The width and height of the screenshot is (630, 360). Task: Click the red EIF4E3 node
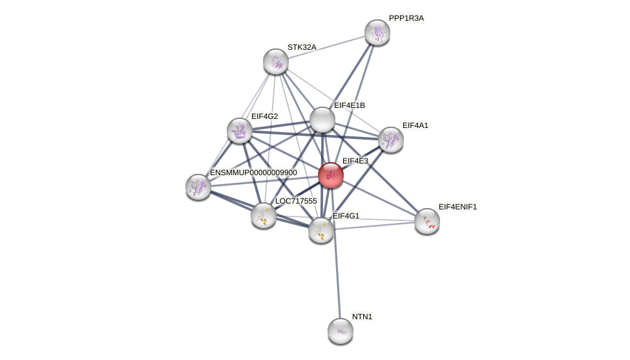[330, 175]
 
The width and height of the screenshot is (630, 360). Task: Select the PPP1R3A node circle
[377, 32]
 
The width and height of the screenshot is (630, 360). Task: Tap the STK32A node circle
[276, 61]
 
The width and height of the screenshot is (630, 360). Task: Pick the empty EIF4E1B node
[322, 120]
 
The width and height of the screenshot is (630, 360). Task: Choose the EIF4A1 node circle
[390, 140]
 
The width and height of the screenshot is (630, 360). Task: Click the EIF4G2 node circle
[240, 131]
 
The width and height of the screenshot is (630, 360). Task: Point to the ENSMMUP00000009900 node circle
[198, 187]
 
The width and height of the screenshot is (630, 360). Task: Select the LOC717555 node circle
[263, 215]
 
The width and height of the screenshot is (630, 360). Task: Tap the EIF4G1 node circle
[321, 230]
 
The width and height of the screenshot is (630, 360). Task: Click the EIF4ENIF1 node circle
[426, 221]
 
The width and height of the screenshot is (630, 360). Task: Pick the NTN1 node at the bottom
[341, 331]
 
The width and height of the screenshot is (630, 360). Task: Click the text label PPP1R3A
[406, 18]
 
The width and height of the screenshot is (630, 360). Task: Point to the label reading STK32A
[302, 47]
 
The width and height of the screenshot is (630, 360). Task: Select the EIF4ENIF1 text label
[457, 207]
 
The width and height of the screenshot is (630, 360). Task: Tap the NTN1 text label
[362, 317]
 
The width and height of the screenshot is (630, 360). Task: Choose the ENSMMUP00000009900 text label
[253, 173]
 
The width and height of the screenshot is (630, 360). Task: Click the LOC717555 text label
[296, 201]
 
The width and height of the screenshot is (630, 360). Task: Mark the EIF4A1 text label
[415, 125]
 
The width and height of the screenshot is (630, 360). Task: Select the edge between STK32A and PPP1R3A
[326, 47]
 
